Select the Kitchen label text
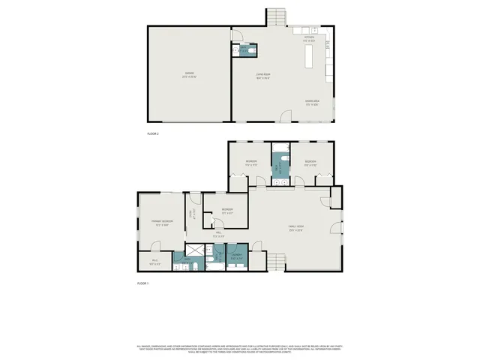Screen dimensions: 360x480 coord(308,37)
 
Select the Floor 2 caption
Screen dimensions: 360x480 coord(153,133)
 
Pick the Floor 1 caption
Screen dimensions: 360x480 coord(143,283)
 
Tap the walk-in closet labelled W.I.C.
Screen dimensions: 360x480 coord(154,263)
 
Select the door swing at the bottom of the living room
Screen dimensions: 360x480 coord(284,116)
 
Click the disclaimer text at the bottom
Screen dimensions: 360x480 coord(240,348)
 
